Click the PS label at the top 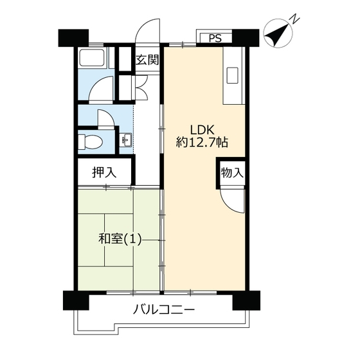click(x=215, y=39)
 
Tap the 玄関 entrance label click(x=147, y=60)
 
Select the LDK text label click(x=203, y=130)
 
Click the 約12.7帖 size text click(x=202, y=142)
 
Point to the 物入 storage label click(x=232, y=172)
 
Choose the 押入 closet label click(x=104, y=172)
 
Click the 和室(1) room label click(x=120, y=239)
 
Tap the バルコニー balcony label click(x=164, y=310)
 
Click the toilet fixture click(x=90, y=141)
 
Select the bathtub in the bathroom click(x=93, y=57)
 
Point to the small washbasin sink click(x=125, y=140)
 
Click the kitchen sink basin click(x=232, y=75)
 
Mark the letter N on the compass click(x=295, y=19)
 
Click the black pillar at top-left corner click(x=73, y=38)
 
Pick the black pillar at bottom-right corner click(x=246, y=300)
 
